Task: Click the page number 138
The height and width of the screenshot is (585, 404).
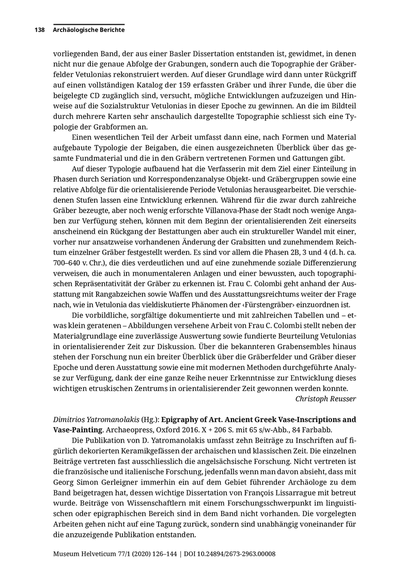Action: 40,30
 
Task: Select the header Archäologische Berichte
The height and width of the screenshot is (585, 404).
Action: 88,30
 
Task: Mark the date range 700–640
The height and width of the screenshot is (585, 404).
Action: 69,263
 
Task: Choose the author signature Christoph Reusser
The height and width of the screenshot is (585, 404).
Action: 325,398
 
